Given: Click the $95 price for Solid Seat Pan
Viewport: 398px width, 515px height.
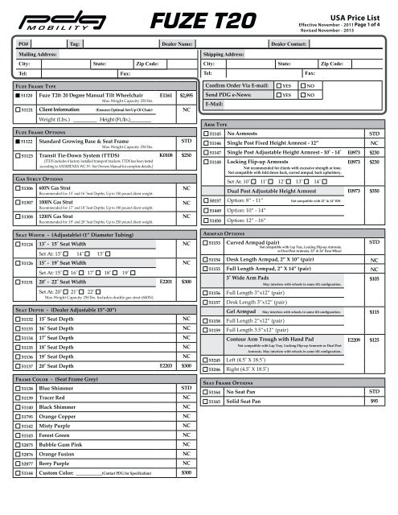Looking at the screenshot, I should tap(372, 400).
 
